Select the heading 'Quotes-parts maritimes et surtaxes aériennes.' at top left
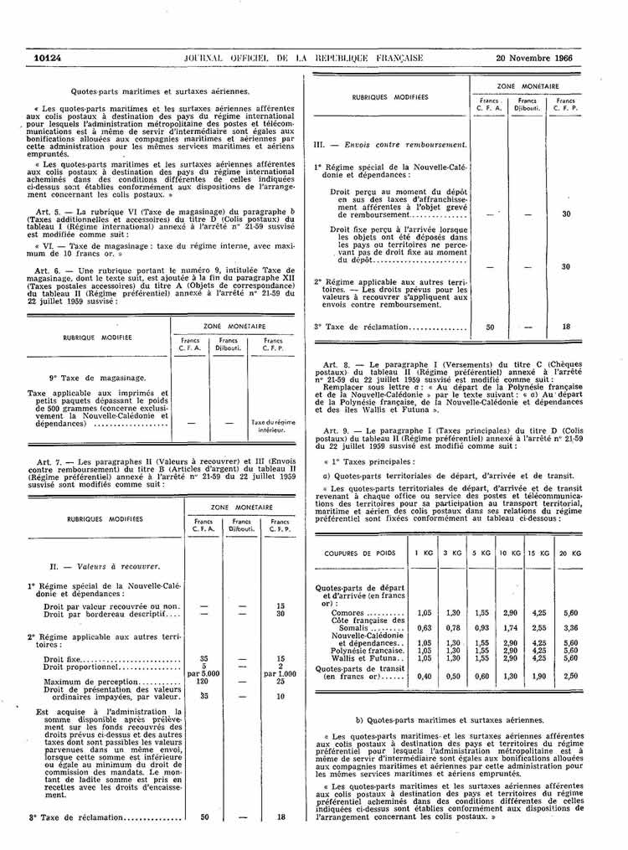160,90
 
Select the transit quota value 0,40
425,676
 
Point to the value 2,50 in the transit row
571,676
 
